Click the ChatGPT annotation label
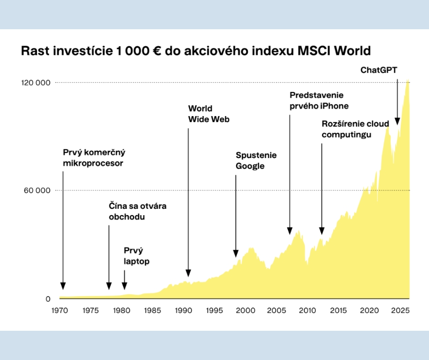tap(378, 70)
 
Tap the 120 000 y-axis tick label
tap(35, 82)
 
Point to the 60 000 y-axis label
tap(37, 191)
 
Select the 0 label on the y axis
tap(48, 299)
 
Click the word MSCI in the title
tap(314, 51)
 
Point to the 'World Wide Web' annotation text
tap(209, 114)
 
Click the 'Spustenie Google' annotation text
tap(256, 160)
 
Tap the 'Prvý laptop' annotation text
tap(136, 256)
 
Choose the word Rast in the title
tap(33, 51)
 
